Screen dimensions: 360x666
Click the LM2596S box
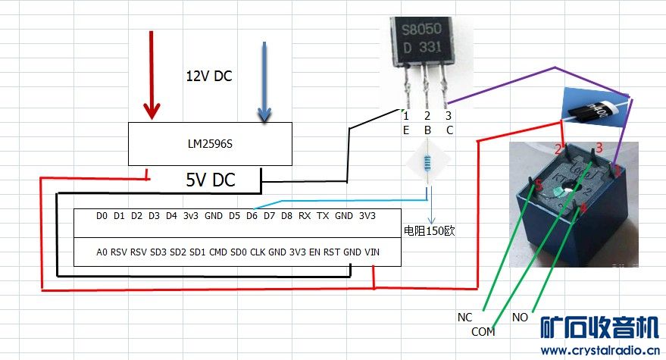point(209,142)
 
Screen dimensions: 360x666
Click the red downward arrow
point(152,76)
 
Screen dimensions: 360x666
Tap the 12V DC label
point(209,77)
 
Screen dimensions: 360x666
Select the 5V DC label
point(211,180)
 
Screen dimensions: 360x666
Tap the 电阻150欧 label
point(428,230)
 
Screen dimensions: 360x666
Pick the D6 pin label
point(252,216)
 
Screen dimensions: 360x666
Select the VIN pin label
point(373,252)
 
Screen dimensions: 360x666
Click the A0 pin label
point(102,252)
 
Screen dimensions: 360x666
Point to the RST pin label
point(332,252)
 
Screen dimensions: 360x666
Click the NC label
point(465,317)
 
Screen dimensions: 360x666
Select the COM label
point(483,332)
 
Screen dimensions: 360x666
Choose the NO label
point(521,317)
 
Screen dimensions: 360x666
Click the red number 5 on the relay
point(539,184)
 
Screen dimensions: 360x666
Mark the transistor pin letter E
point(406,130)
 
